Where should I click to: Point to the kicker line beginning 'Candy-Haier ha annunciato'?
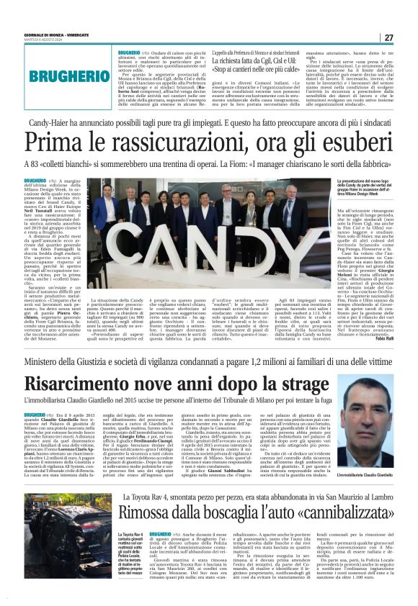tap(209, 124)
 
